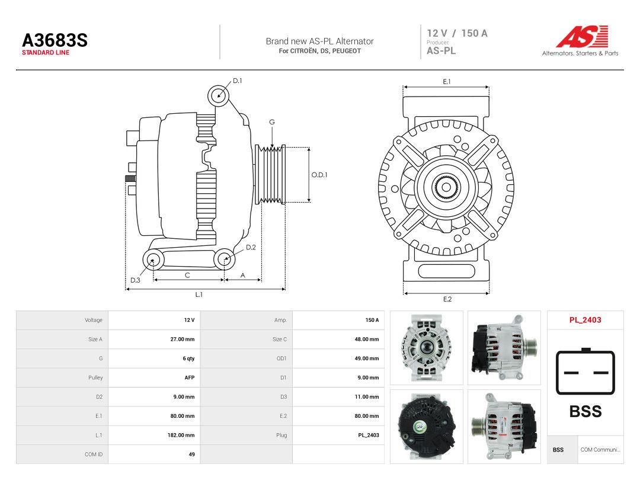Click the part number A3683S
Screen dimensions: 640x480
[55, 40]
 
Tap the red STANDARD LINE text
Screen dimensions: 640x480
[46, 53]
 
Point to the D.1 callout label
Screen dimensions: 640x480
[238, 81]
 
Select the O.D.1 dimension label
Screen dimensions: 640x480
[319, 175]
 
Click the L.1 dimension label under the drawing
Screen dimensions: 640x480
[199, 295]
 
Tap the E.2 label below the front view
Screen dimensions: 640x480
[447, 299]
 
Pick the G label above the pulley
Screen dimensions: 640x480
[272, 122]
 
